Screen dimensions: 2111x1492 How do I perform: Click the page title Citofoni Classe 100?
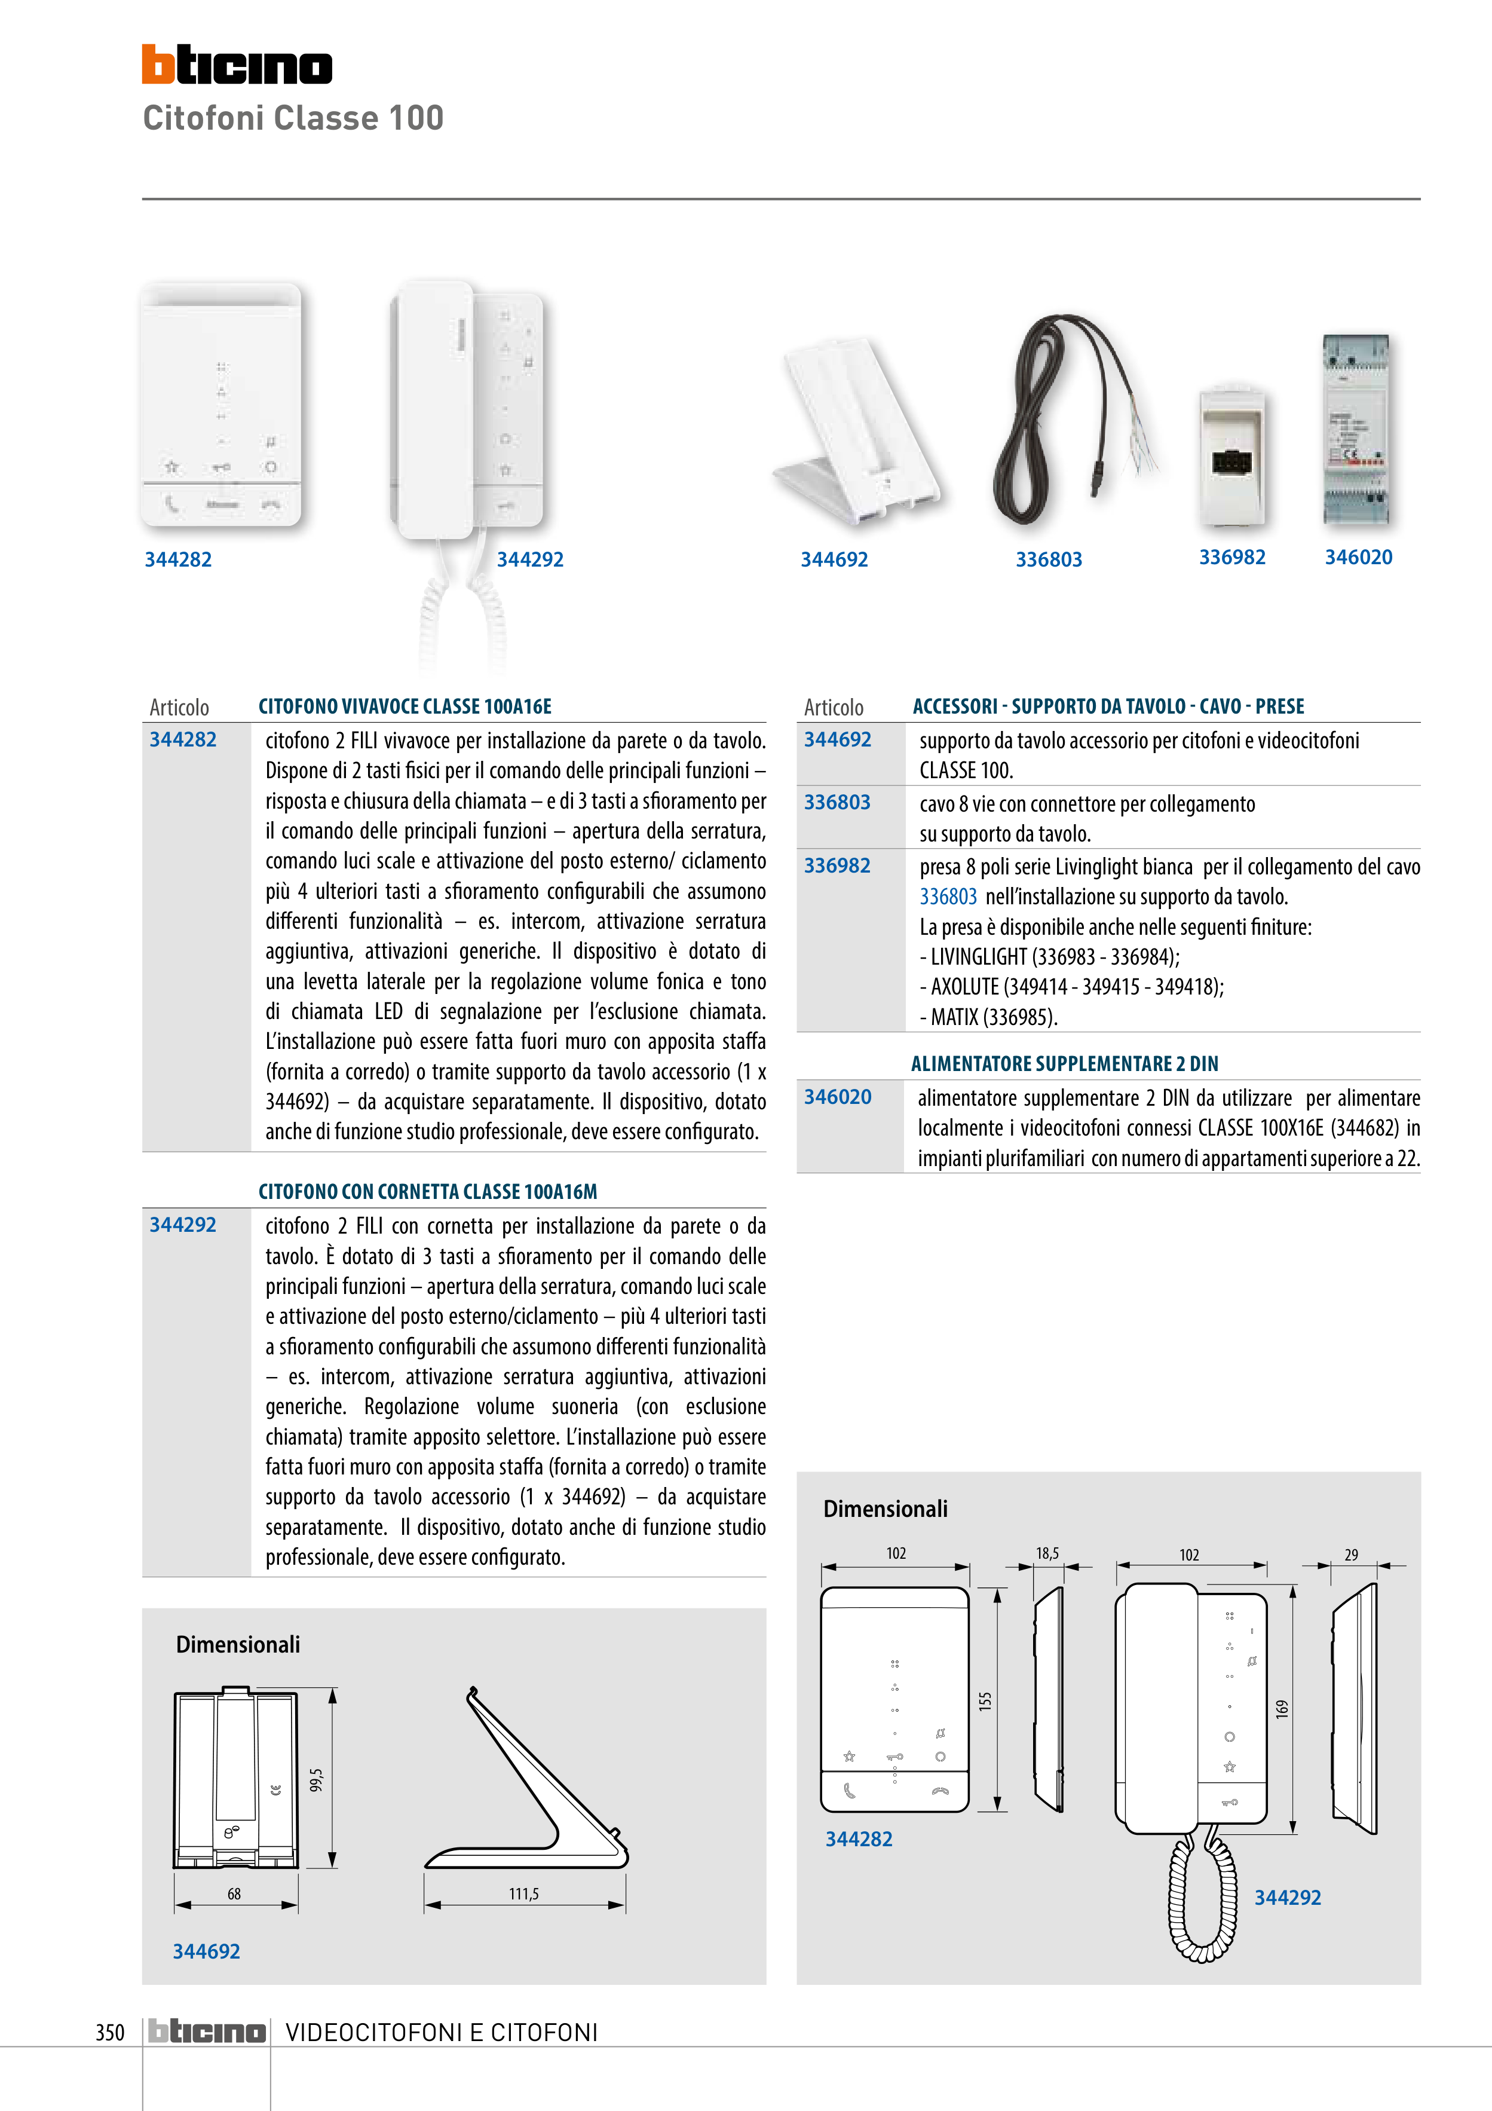(293, 118)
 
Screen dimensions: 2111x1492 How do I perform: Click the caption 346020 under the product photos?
(1358, 557)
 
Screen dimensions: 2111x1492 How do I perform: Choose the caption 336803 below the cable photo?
(1048, 559)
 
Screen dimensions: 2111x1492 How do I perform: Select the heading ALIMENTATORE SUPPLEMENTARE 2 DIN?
(1064, 1064)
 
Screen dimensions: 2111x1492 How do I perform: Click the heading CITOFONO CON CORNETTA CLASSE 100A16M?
(427, 1192)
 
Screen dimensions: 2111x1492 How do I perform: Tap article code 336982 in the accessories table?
(837, 865)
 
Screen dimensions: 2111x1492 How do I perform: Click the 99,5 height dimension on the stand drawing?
(316, 1780)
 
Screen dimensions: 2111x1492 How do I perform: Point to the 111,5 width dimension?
(524, 1894)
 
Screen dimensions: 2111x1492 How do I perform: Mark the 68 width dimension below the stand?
(234, 1894)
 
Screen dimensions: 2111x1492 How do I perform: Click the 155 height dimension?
(985, 1701)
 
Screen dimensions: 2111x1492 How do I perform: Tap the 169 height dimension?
(1282, 1708)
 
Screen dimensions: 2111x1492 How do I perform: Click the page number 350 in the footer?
(109, 2032)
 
